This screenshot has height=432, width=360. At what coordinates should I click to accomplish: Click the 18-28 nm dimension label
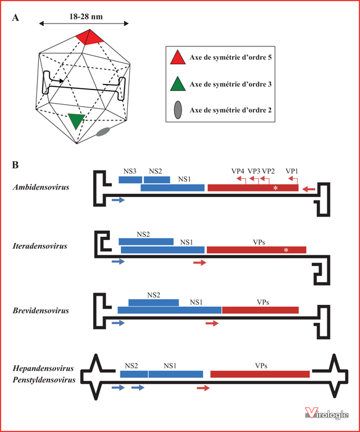click(x=86, y=17)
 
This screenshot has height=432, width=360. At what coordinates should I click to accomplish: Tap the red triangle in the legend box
click(x=178, y=58)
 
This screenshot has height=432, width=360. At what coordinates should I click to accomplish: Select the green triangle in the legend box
click(x=178, y=84)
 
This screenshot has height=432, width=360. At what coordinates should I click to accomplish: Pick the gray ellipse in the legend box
click(x=178, y=110)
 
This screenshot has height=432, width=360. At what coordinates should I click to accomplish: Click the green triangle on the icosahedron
click(x=76, y=120)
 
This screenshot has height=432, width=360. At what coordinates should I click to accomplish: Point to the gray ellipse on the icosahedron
click(x=103, y=131)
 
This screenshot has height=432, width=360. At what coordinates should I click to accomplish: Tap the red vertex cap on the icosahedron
click(x=90, y=37)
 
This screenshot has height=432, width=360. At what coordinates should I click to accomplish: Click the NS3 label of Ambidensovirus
click(x=130, y=172)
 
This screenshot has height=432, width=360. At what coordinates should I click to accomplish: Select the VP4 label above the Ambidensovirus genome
click(x=238, y=171)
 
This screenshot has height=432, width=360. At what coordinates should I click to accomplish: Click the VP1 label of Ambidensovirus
click(x=291, y=171)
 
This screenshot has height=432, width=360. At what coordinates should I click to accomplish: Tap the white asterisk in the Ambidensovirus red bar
click(x=275, y=188)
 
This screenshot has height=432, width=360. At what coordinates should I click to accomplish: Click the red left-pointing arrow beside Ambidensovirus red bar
click(x=309, y=189)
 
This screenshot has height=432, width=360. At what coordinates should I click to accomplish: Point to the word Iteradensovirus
click(x=40, y=246)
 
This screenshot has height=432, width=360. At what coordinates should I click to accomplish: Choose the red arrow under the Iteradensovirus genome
click(x=200, y=263)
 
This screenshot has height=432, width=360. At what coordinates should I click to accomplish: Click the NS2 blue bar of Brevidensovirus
click(x=154, y=302)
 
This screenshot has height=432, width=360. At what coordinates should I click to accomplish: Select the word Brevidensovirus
click(x=41, y=310)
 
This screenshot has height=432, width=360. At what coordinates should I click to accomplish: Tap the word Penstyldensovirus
click(x=44, y=380)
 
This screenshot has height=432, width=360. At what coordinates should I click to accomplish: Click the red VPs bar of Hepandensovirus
click(x=260, y=374)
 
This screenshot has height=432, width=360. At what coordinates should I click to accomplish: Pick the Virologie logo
click(x=327, y=414)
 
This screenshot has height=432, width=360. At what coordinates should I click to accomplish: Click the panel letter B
click(x=15, y=165)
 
